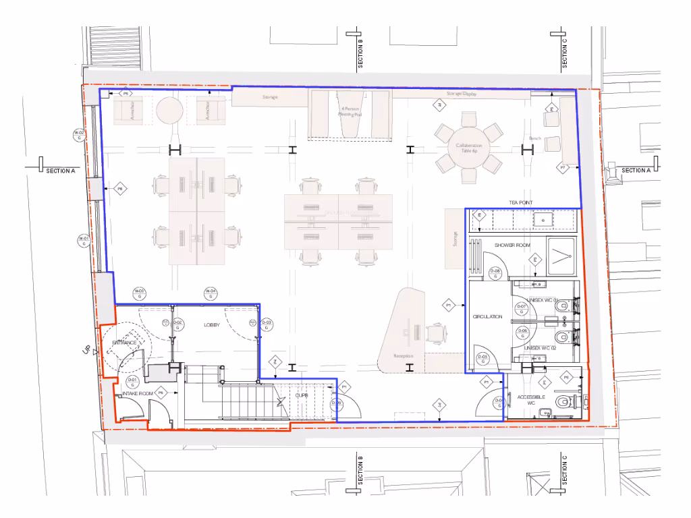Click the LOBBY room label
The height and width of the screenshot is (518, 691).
coord(213,325)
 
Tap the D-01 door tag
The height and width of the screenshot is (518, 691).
coord(132,382)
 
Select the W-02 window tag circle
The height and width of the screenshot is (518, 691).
coord(80,135)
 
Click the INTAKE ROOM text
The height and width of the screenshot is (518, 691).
coord(137,393)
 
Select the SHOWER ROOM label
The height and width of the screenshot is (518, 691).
coord(514,246)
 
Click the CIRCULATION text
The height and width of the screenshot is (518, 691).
coord(487,316)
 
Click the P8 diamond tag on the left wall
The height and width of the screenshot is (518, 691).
coord(120,190)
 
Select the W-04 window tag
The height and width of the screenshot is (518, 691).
coord(210,293)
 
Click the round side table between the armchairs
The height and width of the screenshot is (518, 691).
coord(170,109)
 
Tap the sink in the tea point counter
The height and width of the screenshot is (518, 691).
coord(542,219)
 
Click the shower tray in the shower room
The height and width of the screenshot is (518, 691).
coord(561,257)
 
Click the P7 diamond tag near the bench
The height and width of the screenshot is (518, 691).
coord(561,167)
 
